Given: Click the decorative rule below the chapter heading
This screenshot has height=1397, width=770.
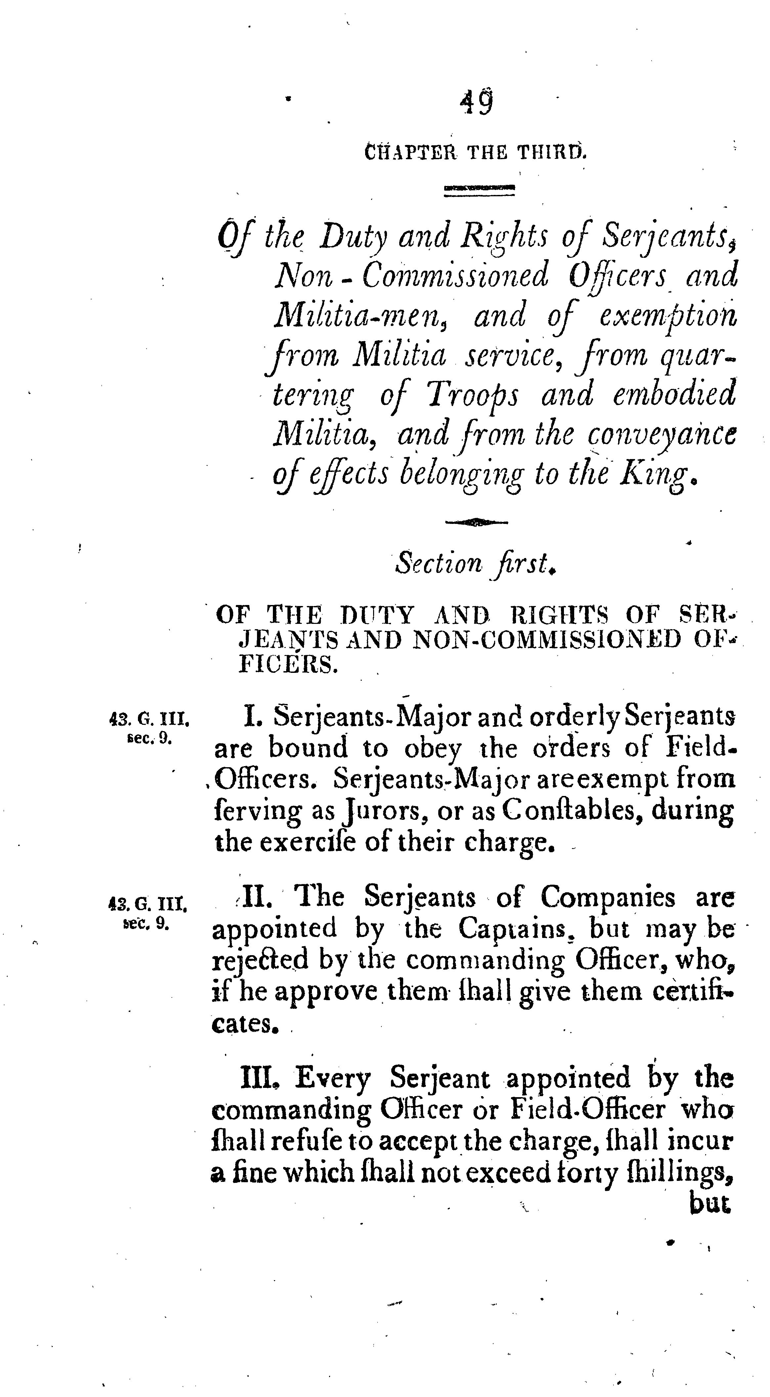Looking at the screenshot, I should [x=479, y=189].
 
